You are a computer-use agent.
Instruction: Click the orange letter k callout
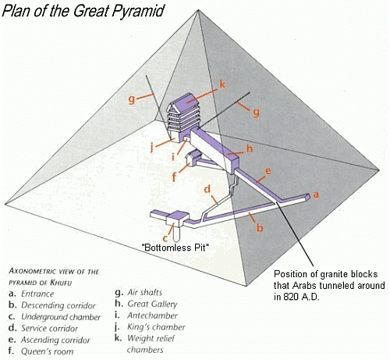tap(222, 84)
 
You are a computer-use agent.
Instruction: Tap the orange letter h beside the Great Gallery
tap(250, 148)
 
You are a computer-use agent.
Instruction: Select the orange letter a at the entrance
tap(316, 194)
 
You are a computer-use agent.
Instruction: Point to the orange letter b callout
tap(260, 227)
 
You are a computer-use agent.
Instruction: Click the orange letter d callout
tap(207, 189)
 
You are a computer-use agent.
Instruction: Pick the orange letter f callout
tap(175, 176)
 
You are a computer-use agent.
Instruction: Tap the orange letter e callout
tap(268, 171)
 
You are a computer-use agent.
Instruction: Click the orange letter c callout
tap(165, 238)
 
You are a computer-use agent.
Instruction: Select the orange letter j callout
tap(152, 148)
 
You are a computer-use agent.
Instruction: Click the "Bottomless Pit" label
tap(175, 247)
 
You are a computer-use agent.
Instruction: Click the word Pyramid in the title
tap(138, 11)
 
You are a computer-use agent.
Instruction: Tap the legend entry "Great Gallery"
tap(152, 304)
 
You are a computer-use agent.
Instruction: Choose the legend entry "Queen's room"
tap(47, 351)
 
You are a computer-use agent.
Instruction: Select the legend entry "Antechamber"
tap(152, 315)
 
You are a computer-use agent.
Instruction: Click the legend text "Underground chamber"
tap(61, 317)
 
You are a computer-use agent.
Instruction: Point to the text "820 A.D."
tap(296, 297)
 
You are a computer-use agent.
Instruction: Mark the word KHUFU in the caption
tap(61, 283)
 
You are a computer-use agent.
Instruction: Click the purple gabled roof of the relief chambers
tap(186, 102)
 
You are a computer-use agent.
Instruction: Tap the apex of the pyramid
tap(198, 10)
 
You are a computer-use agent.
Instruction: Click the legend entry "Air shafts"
tap(144, 293)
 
